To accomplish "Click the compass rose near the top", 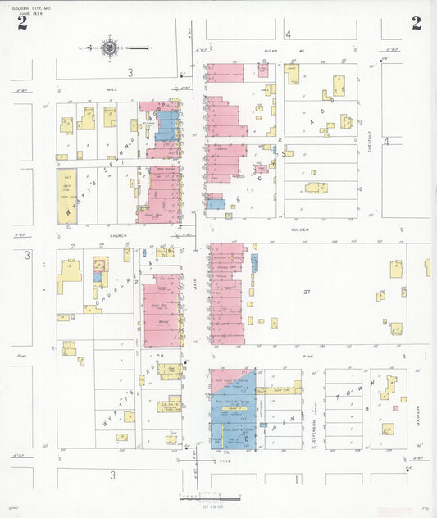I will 110,48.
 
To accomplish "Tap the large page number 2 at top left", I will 22,23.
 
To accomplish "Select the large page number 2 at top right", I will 417,23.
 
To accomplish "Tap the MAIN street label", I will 195,283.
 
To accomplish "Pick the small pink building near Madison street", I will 394,407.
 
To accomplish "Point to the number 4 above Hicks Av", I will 288,34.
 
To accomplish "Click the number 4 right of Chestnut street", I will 387,140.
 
